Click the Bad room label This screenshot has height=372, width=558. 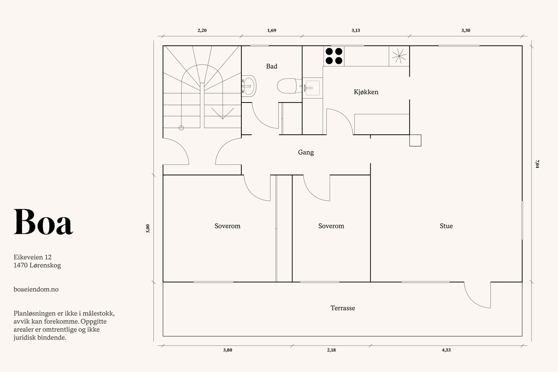[x=272, y=66]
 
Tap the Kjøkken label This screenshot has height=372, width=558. [x=366, y=92]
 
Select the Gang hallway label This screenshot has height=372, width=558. [x=306, y=152]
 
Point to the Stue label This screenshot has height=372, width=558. [x=446, y=226]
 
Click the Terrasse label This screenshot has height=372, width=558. [x=342, y=308]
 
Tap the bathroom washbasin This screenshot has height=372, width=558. [x=249, y=86]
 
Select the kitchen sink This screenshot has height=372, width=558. [x=312, y=88]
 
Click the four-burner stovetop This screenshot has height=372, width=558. [x=334, y=56]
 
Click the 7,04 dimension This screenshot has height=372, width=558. [x=537, y=164]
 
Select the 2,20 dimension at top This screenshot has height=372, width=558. [x=202, y=30]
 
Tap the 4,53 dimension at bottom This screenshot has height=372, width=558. [x=446, y=350]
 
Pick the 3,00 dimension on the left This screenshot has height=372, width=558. [x=148, y=229]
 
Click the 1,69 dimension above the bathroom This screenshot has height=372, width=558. [x=272, y=30]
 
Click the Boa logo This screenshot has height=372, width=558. [x=43, y=222]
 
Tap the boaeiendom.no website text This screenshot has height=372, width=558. [x=36, y=289]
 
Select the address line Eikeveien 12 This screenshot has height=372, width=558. [x=33, y=257]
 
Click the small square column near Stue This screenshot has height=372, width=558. [x=415, y=141]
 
